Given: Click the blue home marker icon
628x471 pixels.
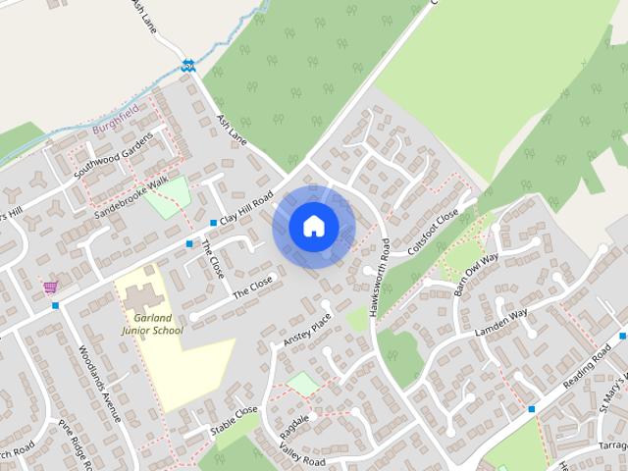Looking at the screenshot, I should point(314,227).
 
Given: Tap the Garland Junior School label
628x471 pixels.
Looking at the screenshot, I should point(152,325).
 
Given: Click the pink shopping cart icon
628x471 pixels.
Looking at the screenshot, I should point(50,288).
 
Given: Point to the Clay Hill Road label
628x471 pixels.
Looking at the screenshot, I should point(245,207).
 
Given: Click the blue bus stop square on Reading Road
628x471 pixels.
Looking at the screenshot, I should point(532,408).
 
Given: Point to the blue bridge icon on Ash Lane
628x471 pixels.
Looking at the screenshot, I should point(187,66).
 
